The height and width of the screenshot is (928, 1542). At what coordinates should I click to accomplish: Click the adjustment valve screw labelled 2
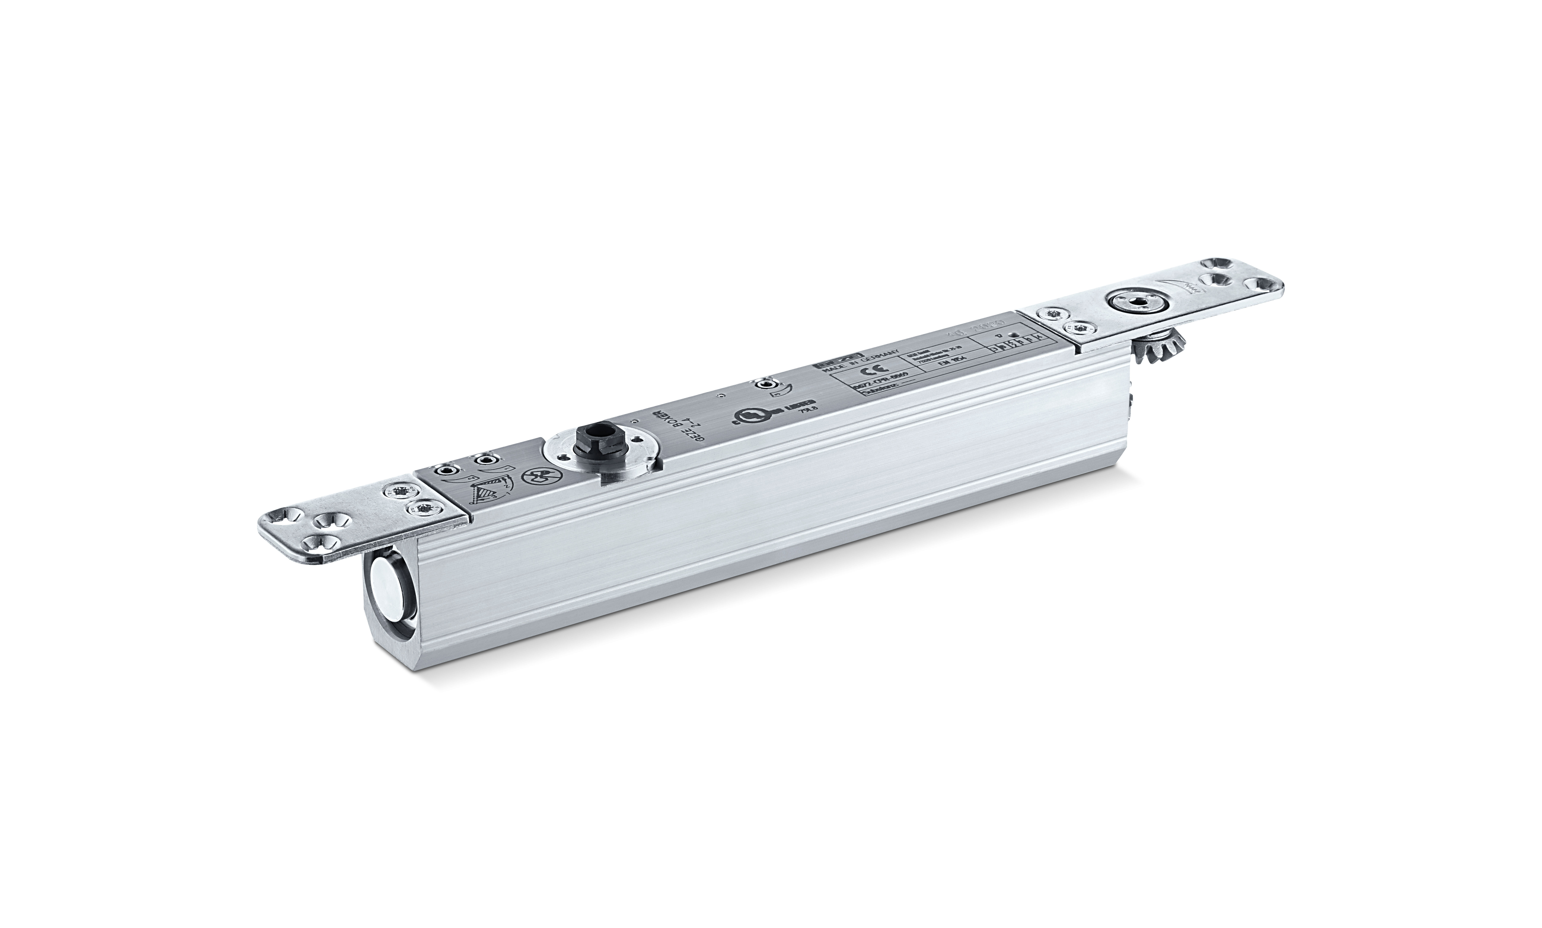(448, 471)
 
